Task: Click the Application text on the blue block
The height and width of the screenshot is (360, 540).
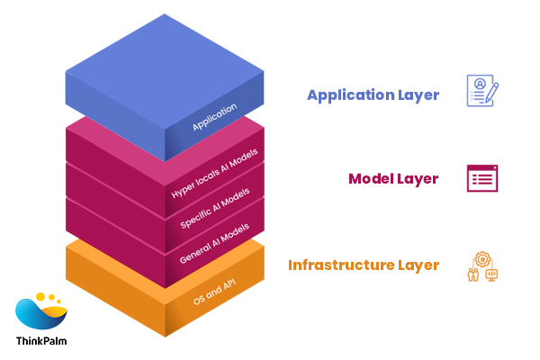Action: (x=214, y=117)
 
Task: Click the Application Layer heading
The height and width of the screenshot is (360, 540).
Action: (x=373, y=94)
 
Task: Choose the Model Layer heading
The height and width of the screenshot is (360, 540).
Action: (x=393, y=178)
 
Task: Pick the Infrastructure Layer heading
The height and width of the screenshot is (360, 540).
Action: (x=364, y=265)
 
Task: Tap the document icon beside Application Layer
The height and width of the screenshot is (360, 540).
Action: (x=481, y=91)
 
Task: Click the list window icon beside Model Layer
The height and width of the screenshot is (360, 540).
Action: (x=481, y=178)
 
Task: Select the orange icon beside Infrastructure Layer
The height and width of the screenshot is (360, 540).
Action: (x=482, y=266)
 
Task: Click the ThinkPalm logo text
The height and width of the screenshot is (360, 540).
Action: (x=41, y=341)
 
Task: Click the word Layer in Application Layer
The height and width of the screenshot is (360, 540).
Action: (x=417, y=94)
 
